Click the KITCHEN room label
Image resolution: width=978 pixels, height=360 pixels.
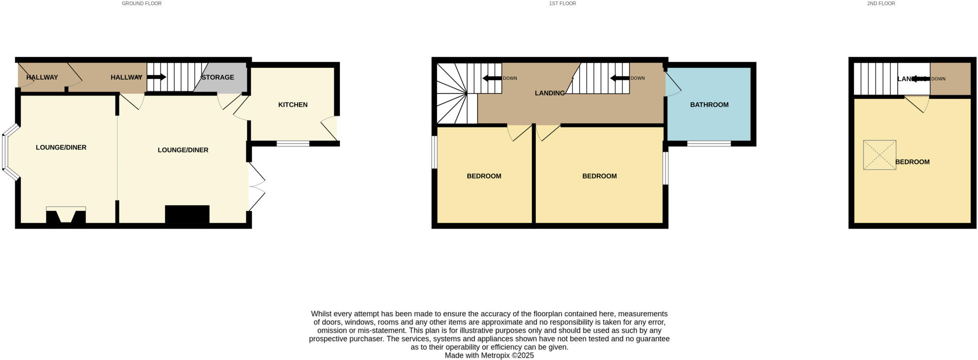click(x=293, y=105)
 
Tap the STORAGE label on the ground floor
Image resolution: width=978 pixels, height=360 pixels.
click(x=218, y=77)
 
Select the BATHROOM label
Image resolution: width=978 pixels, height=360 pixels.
click(x=709, y=105)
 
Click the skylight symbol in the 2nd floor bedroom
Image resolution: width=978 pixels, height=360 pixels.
click(x=879, y=155)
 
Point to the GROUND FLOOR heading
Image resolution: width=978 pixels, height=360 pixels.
click(x=141, y=3)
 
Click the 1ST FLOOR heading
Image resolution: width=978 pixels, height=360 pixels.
click(x=562, y=3)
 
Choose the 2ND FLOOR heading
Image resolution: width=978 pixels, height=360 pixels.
click(x=881, y=3)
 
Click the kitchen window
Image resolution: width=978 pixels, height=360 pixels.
click(x=293, y=143)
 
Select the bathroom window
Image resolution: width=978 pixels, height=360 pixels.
click(x=709, y=143)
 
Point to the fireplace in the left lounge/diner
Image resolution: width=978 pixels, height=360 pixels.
click(x=66, y=215)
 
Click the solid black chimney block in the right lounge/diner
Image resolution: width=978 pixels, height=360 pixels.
click(x=187, y=214)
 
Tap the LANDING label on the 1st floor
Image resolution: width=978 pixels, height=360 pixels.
click(x=550, y=93)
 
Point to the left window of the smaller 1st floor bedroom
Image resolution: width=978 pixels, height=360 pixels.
click(x=434, y=152)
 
